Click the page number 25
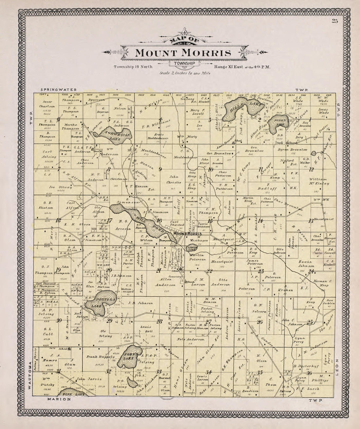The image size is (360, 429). click(x=334, y=22)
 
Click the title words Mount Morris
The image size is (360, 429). click(x=183, y=53)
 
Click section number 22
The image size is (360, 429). click(x=209, y=271)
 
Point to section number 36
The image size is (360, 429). click(x=309, y=373)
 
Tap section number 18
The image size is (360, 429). click(x=58, y=220)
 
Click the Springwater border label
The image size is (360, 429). click(x=59, y=89)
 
